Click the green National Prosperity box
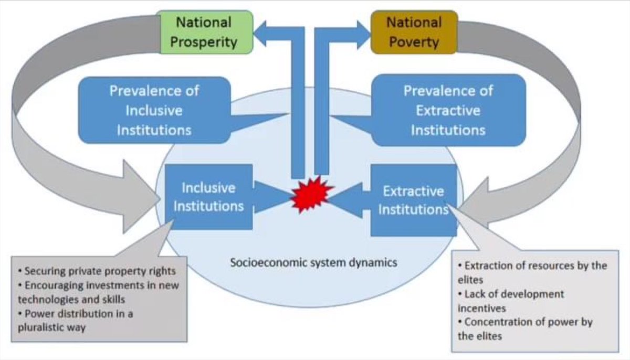pos(207,32)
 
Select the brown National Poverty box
pos(414,32)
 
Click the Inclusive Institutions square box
pos(208,197)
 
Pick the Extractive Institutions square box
pos(413,200)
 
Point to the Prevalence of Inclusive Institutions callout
pos(154,110)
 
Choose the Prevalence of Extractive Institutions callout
pos(448,110)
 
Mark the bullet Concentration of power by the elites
pos(525,329)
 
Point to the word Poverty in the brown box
pos(414,41)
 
